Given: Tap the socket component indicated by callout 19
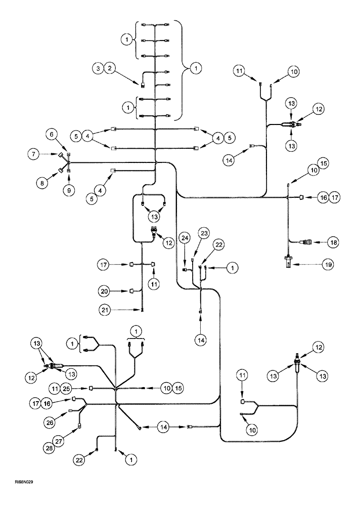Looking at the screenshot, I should (x=288, y=263).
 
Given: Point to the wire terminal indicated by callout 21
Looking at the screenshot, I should (x=142, y=309).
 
